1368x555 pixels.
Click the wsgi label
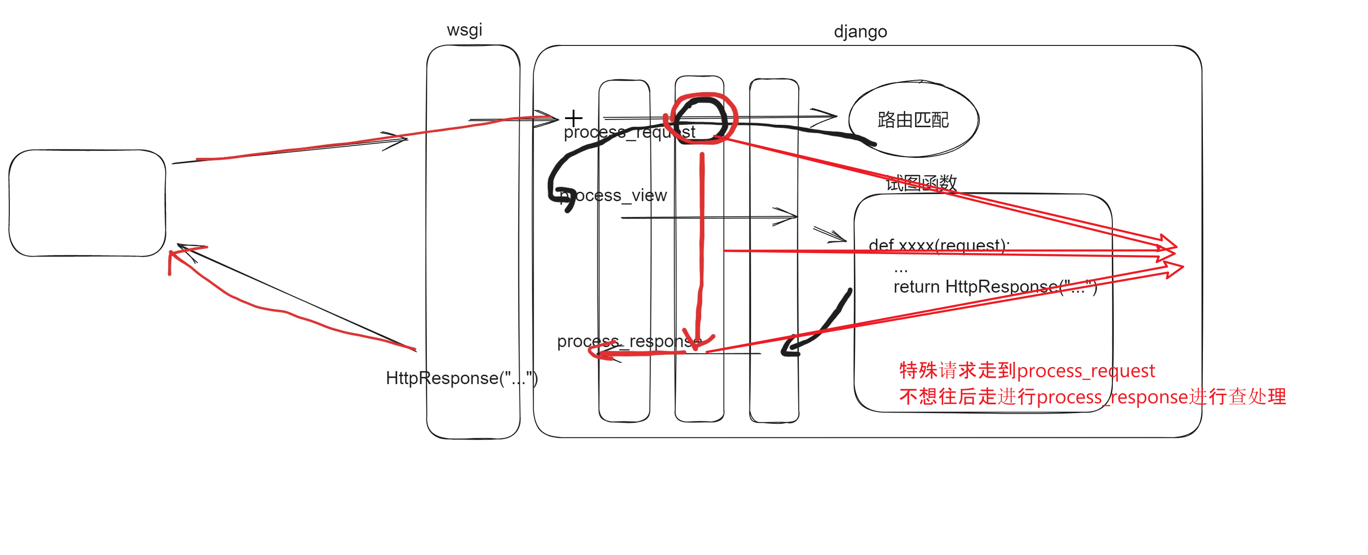pyautogui.click(x=464, y=30)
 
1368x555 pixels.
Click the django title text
pyautogui.click(x=860, y=32)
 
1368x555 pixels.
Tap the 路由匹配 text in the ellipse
pyautogui.click(x=913, y=120)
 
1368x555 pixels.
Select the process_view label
pyautogui.click(x=614, y=196)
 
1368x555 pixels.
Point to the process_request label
pyautogui.click(x=629, y=132)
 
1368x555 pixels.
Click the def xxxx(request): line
pyautogui.click(x=938, y=245)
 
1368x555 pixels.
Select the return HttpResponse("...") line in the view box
pyautogui.click(x=995, y=287)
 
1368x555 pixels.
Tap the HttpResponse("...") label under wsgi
pyautogui.click(x=461, y=378)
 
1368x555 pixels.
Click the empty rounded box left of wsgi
pyautogui.click(x=87, y=203)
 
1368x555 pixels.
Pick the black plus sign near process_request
pyautogui.click(x=574, y=117)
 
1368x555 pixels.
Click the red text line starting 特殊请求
pyautogui.click(x=1027, y=370)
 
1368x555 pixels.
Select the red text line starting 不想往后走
pyautogui.click(x=1092, y=397)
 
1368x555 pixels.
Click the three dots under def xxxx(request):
pyautogui.click(x=901, y=270)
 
